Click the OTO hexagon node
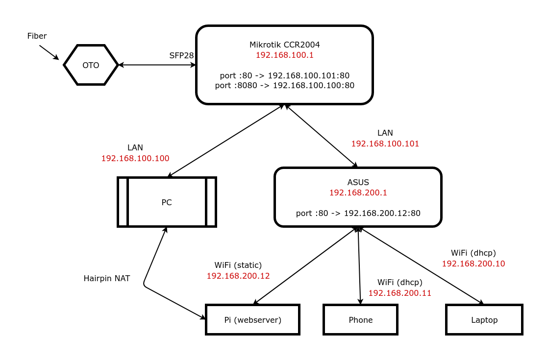pyautogui.click(x=91, y=65)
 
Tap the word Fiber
pyautogui.click(x=37, y=36)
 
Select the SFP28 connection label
pyautogui.click(x=181, y=55)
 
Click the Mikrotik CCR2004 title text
pyautogui.click(x=284, y=45)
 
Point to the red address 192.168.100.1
pyautogui.click(x=284, y=55)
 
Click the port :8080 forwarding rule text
pyautogui.click(x=284, y=85)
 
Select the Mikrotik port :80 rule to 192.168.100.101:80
pyautogui.click(x=284, y=75)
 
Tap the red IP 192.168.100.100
pyautogui.click(x=135, y=158)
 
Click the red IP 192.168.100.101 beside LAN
pyautogui.click(x=385, y=144)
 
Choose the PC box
pyautogui.click(x=167, y=202)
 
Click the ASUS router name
pyautogui.click(x=358, y=182)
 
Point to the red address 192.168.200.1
pyautogui.click(x=358, y=192)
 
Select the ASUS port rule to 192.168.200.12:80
pyautogui.click(x=358, y=213)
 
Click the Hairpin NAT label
pyautogui.click(x=107, y=278)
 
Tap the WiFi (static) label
pyautogui.click(x=238, y=265)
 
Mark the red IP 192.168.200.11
pyautogui.click(x=399, y=293)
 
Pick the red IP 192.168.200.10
pyautogui.click(x=473, y=264)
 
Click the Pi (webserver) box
pyautogui.click(x=252, y=320)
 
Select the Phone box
pyautogui.click(x=360, y=320)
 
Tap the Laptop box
pyautogui.click(x=484, y=320)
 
